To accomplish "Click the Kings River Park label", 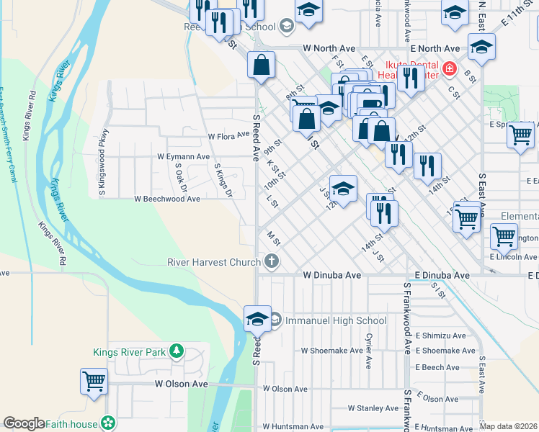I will pyautogui.click(x=130, y=352).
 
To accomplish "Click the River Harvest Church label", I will pyautogui.click(x=214, y=261).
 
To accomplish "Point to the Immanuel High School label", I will pyautogui.click(x=337, y=320).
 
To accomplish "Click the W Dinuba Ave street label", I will pyautogui.click(x=331, y=275).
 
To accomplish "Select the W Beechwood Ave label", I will pyautogui.click(x=166, y=199).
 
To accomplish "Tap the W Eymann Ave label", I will pyautogui.click(x=183, y=156).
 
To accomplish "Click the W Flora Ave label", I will pyautogui.click(x=228, y=135).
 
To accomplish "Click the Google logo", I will pyautogui.click(x=24, y=423).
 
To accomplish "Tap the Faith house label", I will pyautogui.click(x=72, y=423).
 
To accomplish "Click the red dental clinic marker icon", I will pyautogui.click(x=450, y=68).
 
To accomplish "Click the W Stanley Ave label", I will pyautogui.click(x=373, y=408).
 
